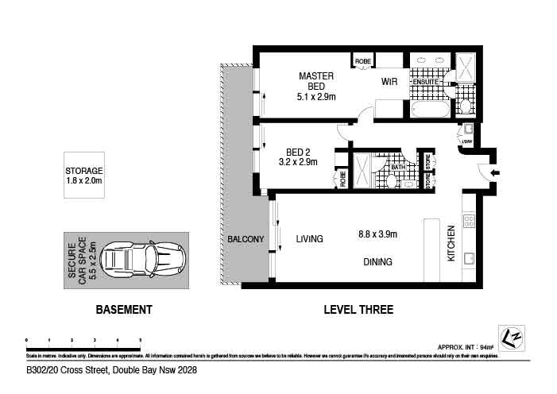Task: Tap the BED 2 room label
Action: click(298, 156)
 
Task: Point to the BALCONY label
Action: click(246, 240)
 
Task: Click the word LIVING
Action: click(310, 238)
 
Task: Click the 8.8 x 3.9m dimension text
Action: click(377, 234)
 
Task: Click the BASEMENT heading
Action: click(123, 311)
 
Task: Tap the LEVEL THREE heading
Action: click(358, 311)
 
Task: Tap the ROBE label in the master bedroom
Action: click(363, 60)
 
